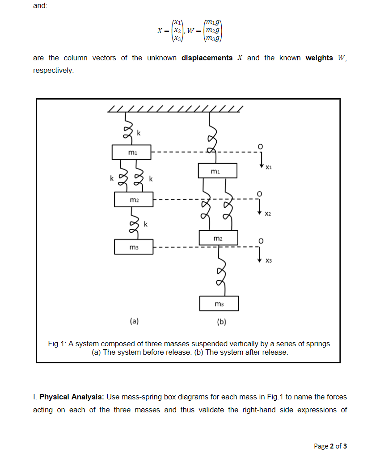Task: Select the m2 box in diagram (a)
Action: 134,199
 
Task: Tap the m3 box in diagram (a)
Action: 134,247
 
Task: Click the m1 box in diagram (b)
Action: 217,171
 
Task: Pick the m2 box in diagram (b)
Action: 218,238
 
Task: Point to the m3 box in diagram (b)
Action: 219,304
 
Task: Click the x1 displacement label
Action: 268,168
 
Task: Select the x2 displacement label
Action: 268,214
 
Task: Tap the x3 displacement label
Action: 268,260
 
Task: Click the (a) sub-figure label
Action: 134,320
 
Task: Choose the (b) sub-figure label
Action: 221,322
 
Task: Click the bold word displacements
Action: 207,58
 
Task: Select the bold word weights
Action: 319,58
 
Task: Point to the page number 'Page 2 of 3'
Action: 330,446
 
